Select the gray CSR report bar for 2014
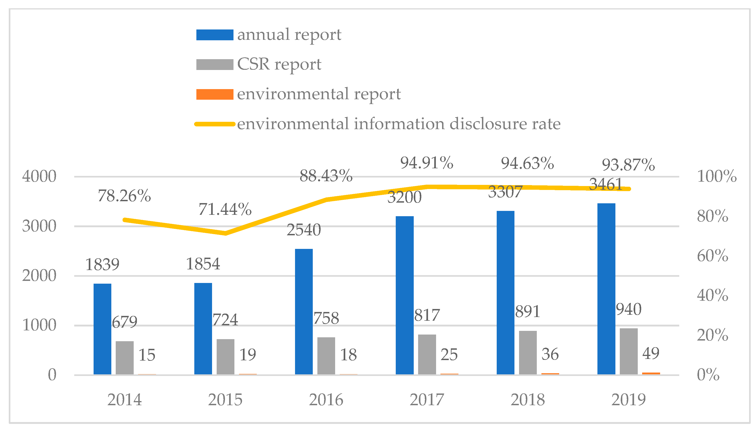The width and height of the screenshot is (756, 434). tap(125, 358)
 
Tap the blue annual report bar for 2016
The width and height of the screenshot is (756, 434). tap(304, 312)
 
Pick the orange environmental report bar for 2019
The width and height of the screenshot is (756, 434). tap(651, 373)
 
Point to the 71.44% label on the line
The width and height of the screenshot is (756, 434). tap(225, 209)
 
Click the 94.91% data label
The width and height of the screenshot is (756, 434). tap(427, 163)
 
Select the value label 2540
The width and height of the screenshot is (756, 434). tap(304, 230)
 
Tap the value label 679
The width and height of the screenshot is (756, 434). tap(124, 322)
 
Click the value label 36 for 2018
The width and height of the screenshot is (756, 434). tap(550, 354)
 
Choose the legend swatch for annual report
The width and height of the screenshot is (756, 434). tap(215, 35)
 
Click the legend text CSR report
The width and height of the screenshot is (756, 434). tap(279, 64)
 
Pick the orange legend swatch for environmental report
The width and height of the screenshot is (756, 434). tap(215, 94)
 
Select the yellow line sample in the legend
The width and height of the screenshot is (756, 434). tap(215, 124)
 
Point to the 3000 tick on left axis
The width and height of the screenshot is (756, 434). tap(39, 226)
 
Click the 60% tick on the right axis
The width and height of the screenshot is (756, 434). tap(712, 256)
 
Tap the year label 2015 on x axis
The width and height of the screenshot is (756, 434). tap(225, 400)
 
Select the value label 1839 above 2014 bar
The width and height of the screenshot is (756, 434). tap(102, 264)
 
